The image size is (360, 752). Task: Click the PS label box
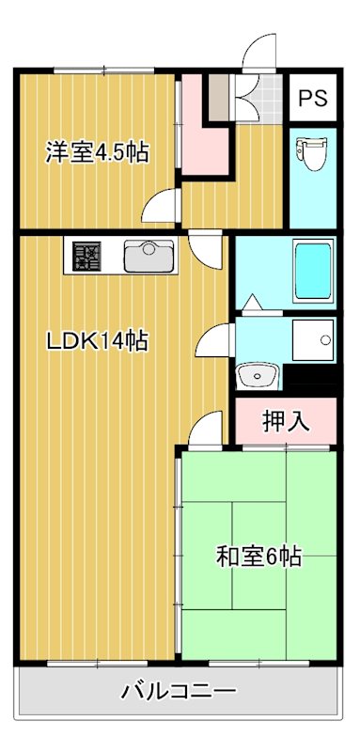(312, 98)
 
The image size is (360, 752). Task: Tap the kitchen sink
(146, 255)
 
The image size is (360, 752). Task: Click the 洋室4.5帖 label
(97, 152)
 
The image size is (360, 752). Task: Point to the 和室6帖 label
(258, 556)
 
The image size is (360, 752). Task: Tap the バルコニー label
(179, 693)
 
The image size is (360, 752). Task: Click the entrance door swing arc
(258, 53)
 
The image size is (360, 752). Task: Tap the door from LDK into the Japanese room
(207, 431)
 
